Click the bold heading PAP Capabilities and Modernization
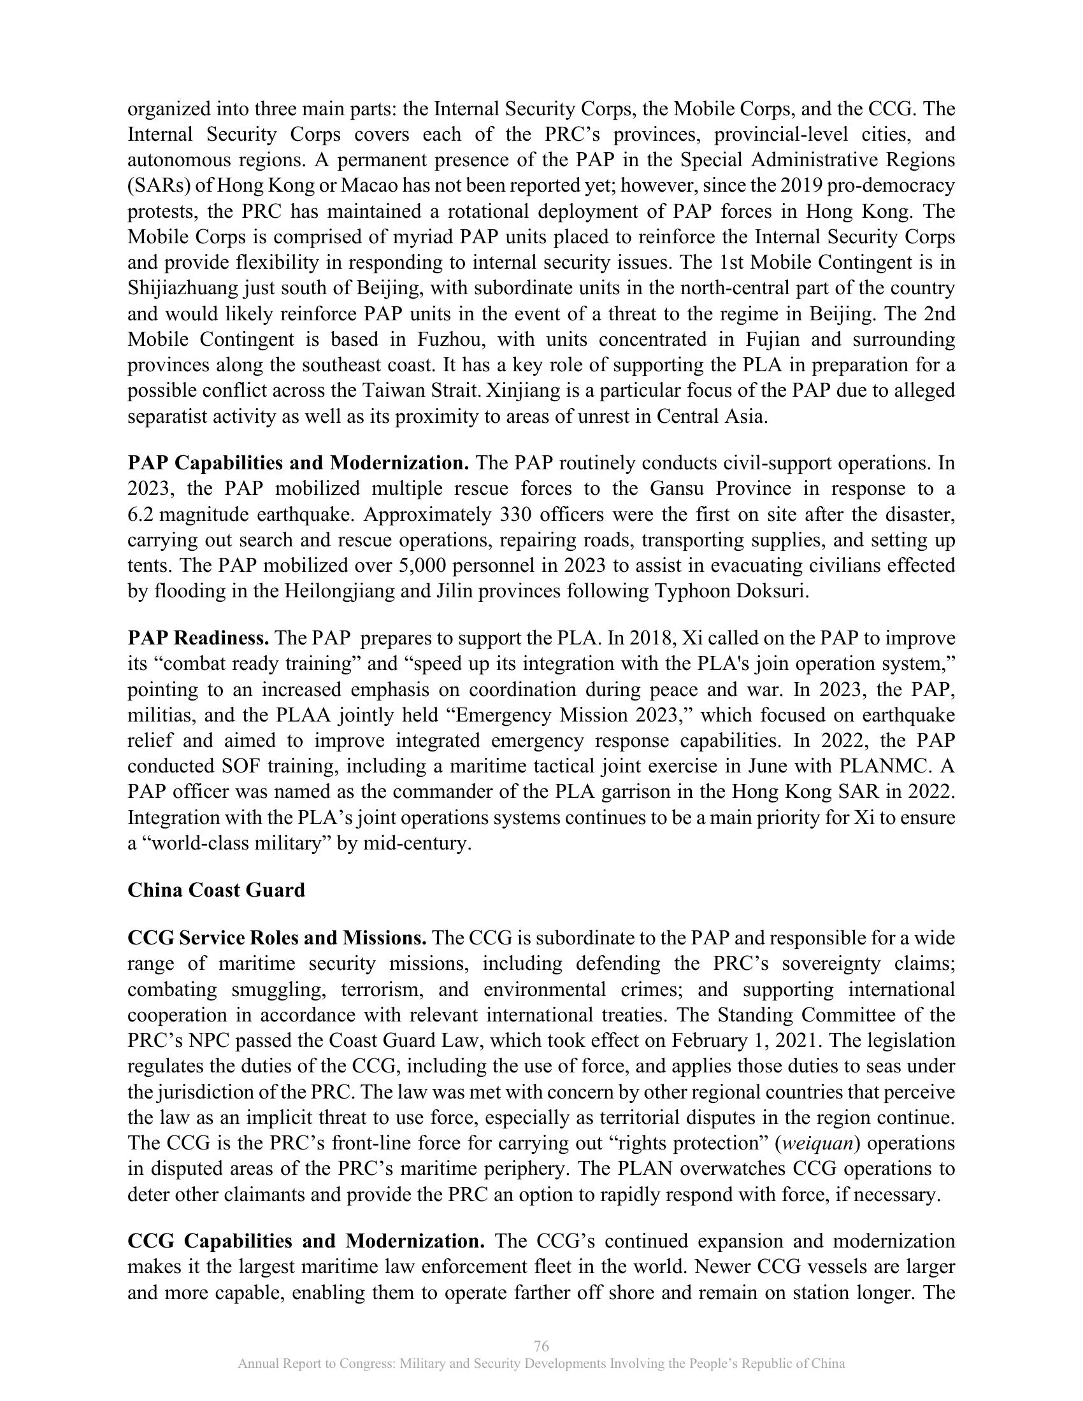tap(298, 463)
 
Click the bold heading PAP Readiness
tap(198, 638)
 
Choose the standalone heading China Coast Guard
tap(216, 890)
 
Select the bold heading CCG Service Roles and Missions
tap(277, 938)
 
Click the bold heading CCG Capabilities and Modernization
tap(306, 1241)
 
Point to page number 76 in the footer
tap(541, 1346)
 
